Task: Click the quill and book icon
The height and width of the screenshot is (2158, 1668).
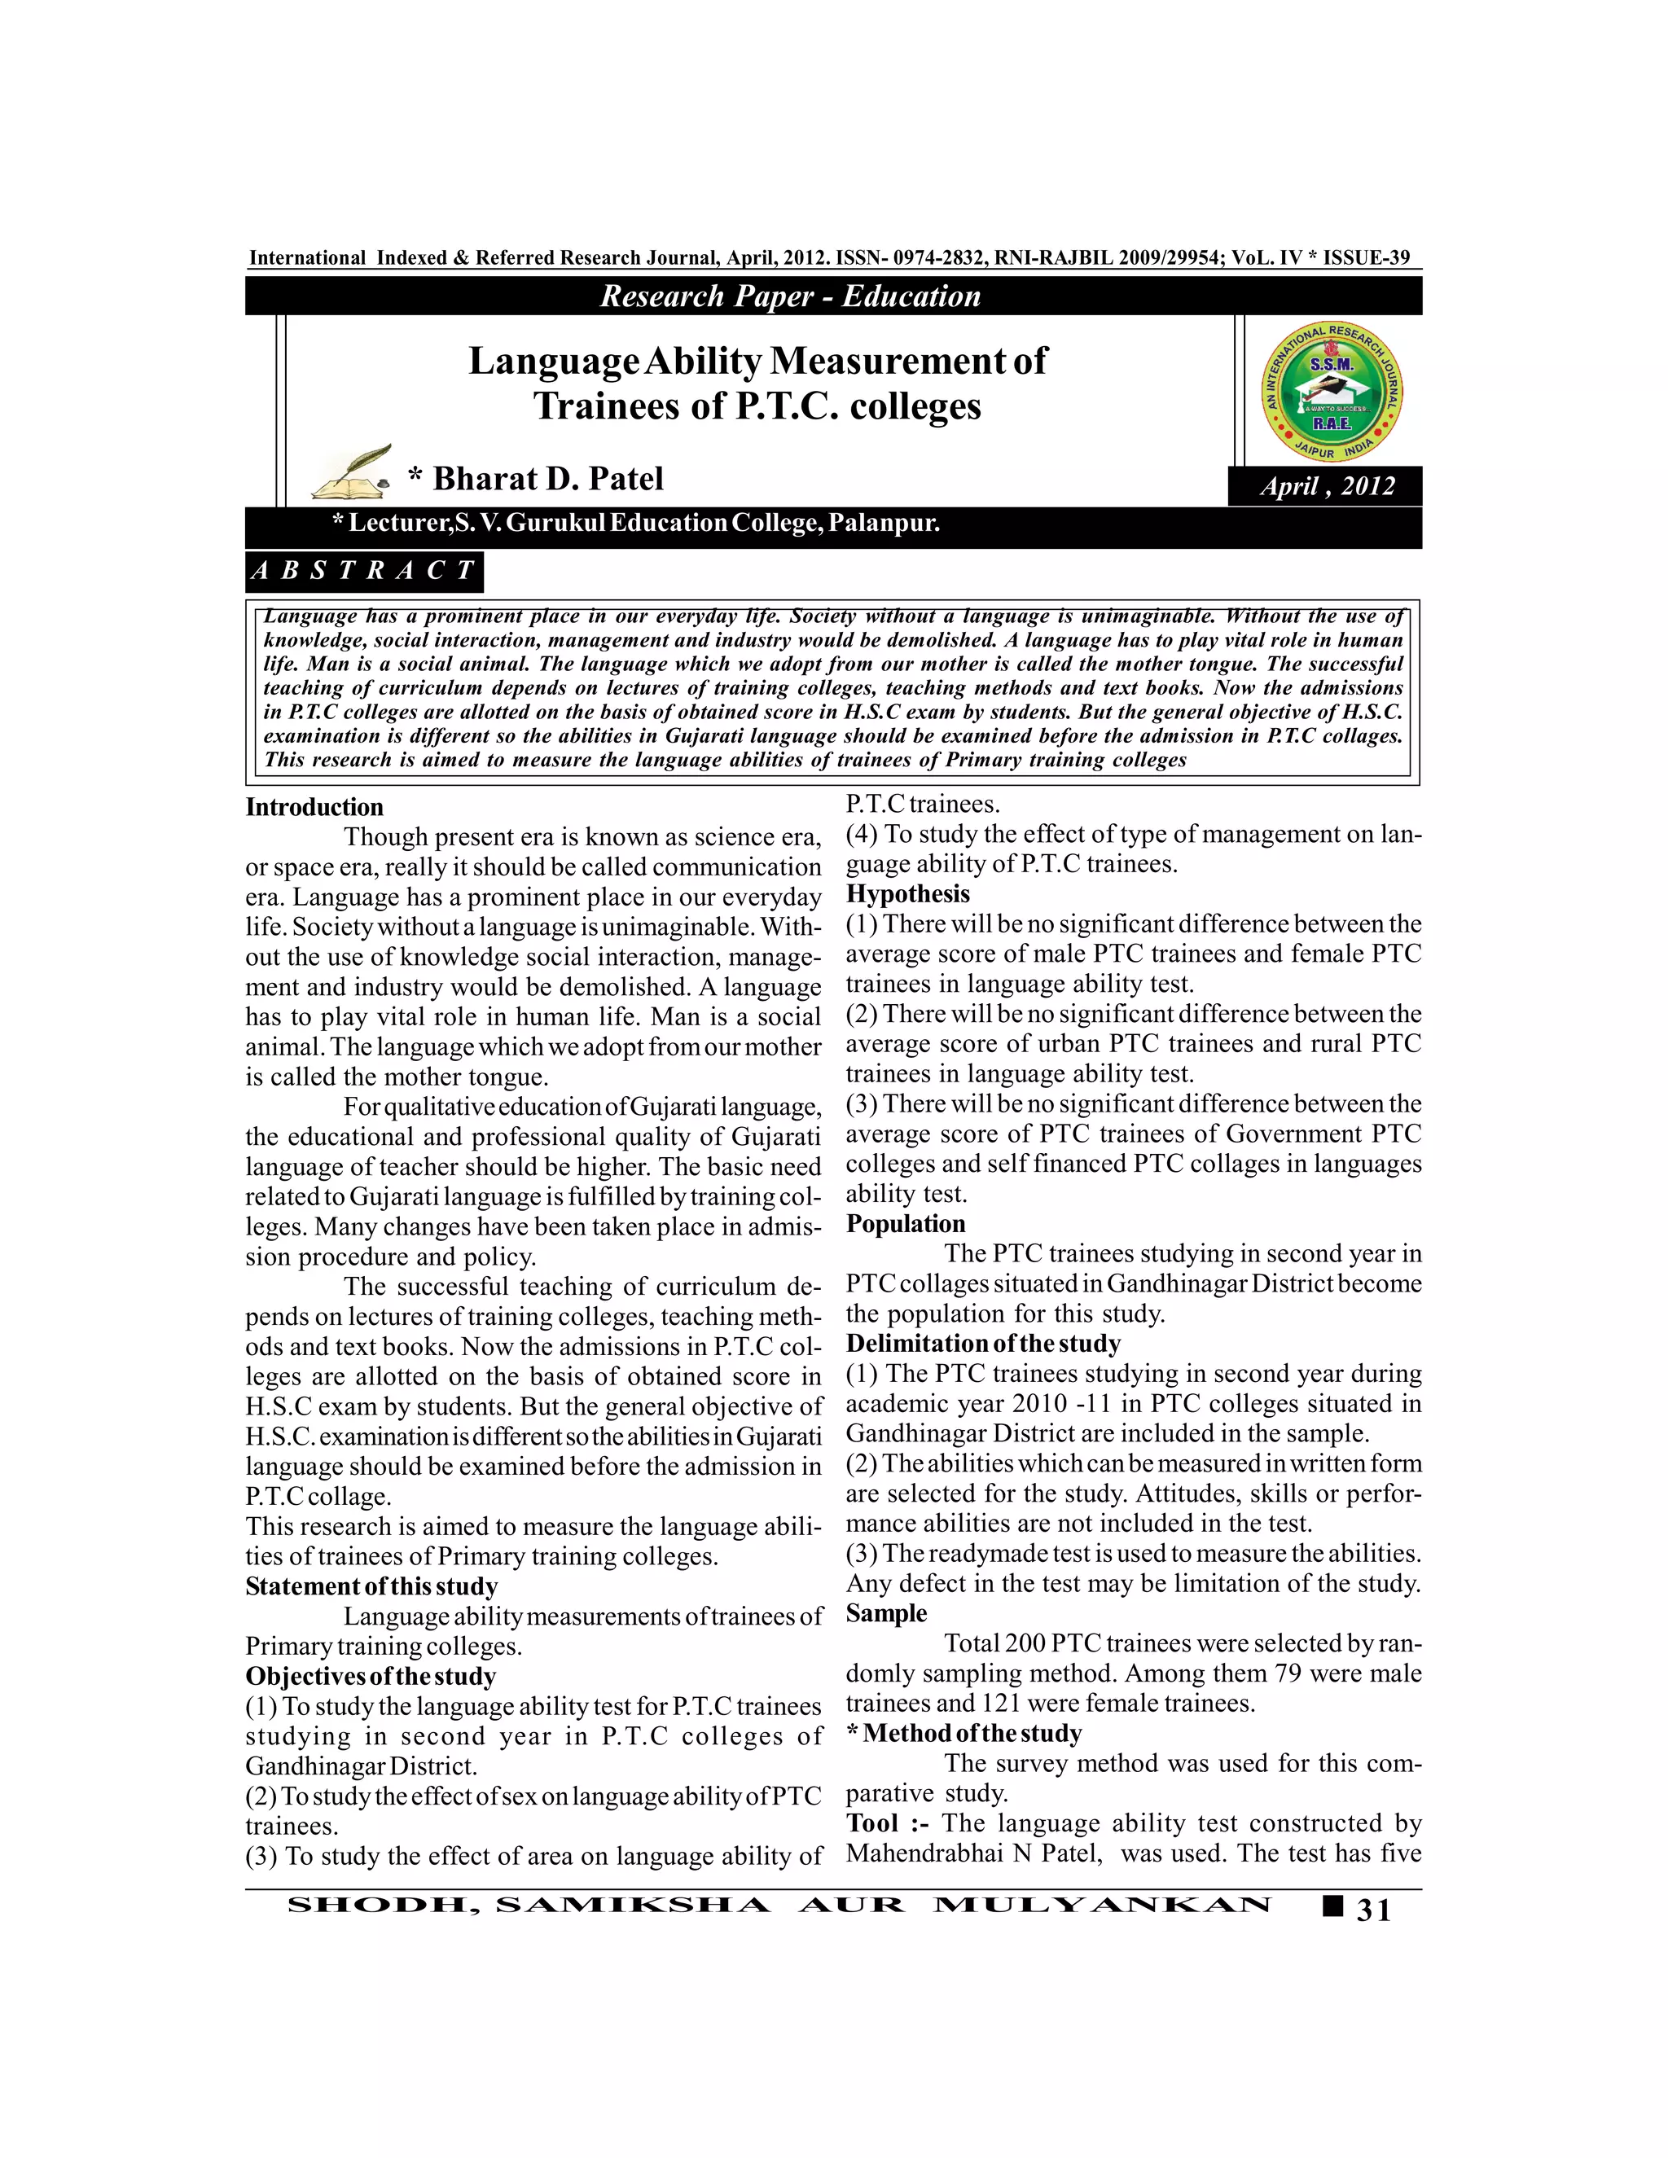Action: coord(352,474)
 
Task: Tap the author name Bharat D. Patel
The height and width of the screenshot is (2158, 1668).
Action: coord(547,479)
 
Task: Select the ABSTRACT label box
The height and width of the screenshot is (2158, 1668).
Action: coord(365,571)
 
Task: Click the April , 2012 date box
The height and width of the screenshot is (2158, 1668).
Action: coord(1326,486)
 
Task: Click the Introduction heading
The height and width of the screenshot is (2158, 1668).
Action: coord(314,807)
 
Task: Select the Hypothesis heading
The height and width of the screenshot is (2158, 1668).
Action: coord(908,894)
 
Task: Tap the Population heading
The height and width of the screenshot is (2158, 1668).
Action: coord(905,1223)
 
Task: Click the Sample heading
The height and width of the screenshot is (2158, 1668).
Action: coord(886,1612)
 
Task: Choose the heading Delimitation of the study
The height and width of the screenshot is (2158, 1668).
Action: coord(983,1343)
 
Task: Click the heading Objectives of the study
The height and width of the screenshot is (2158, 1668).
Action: coord(371,1676)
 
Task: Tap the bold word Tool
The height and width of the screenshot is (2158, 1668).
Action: coord(871,1823)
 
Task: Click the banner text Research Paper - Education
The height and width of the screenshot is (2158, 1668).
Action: coord(791,296)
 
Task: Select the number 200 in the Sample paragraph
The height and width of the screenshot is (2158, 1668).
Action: coord(1025,1643)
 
